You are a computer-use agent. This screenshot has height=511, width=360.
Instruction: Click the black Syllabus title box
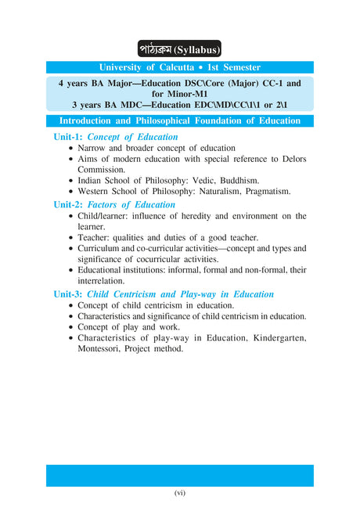[180, 49]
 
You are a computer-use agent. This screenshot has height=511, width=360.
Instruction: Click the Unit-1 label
[68, 137]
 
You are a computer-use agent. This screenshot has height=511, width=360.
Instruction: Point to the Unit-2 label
[68, 205]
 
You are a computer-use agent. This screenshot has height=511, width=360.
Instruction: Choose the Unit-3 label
[68, 294]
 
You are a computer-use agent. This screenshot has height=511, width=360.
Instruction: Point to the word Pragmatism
[265, 191]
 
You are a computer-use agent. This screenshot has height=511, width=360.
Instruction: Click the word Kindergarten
[271, 338]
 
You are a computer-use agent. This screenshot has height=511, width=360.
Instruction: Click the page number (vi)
[180, 493]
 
